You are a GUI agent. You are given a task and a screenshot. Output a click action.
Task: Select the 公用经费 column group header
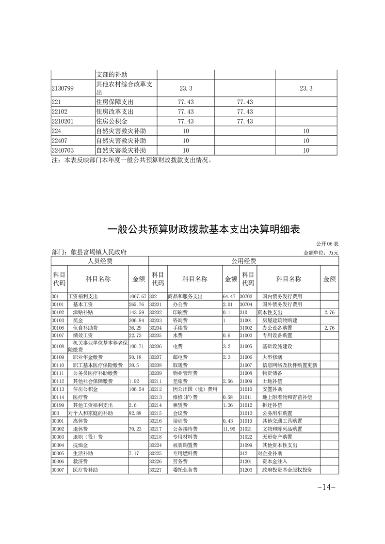pyautogui.click(x=243, y=261)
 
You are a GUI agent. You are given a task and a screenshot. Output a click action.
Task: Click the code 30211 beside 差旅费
pyautogui.click(x=155, y=382)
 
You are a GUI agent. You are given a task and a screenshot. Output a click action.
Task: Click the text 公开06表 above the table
pyautogui.click(x=327, y=243)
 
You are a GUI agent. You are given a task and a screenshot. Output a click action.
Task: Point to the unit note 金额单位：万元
pyautogui.click(x=321, y=253)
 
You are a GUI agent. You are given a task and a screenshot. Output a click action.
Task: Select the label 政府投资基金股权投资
pyautogui.click(x=287, y=470)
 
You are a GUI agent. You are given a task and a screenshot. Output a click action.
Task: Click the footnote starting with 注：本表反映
pyautogui.click(x=131, y=160)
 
